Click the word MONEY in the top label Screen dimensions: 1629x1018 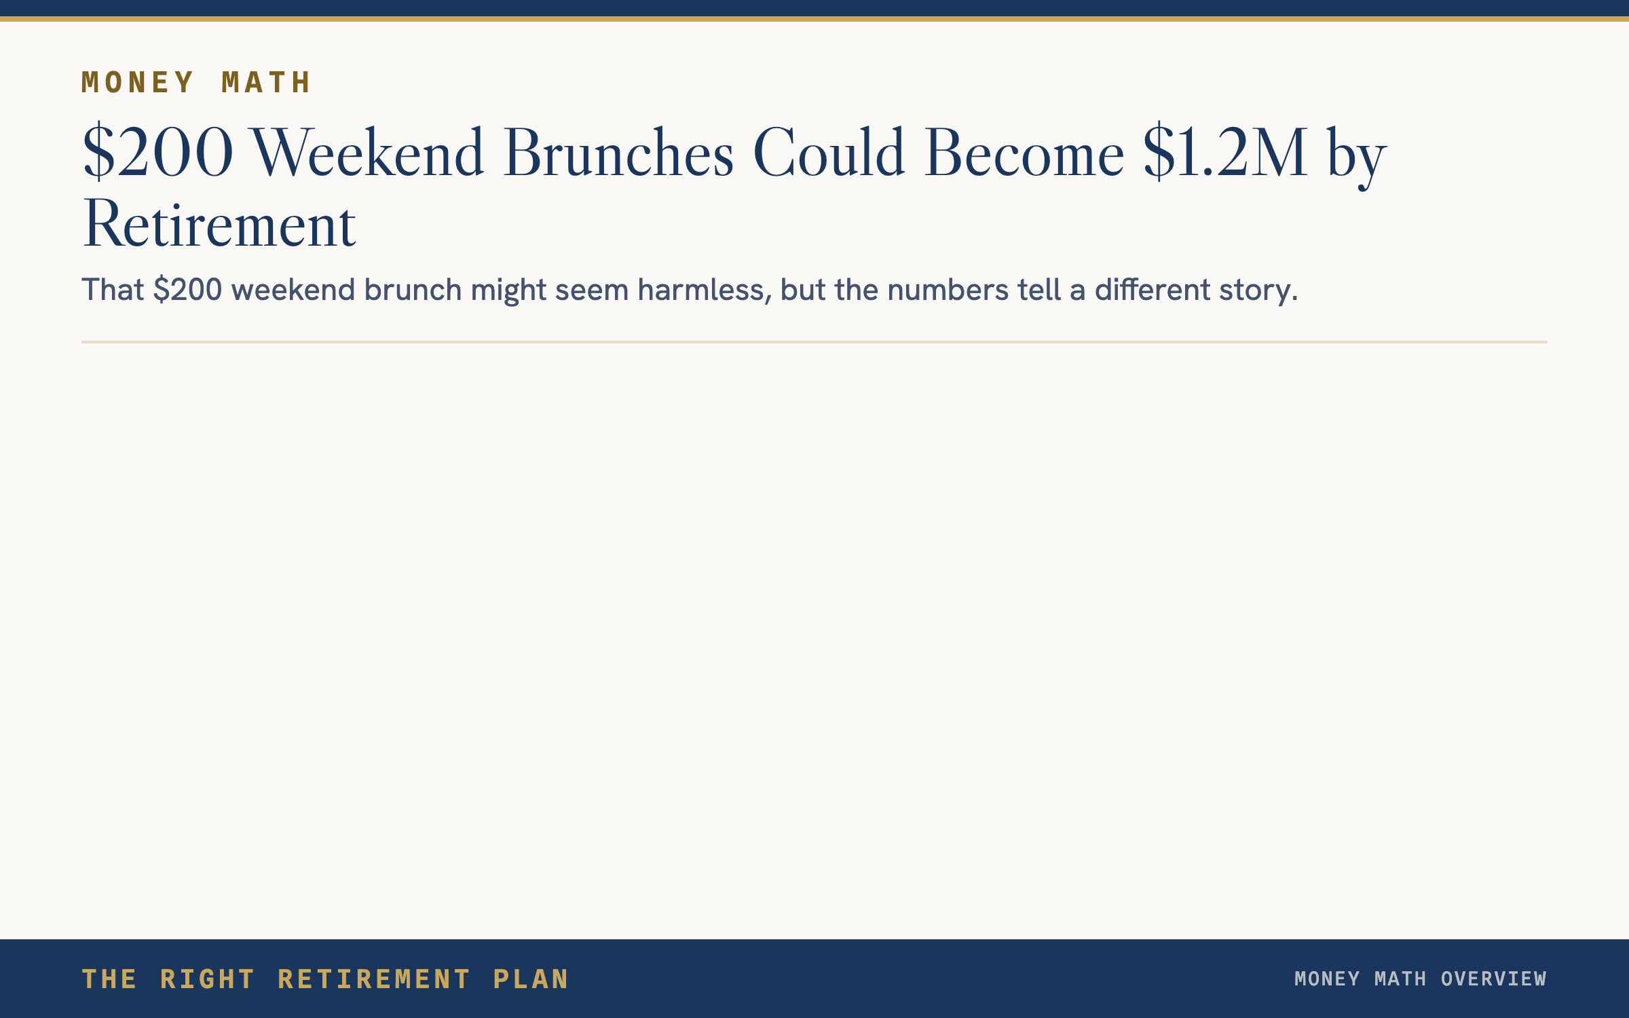point(138,83)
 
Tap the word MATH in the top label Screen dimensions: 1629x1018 point(266,83)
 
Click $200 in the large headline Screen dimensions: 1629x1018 point(158,151)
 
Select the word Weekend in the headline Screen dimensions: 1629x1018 point(369,151)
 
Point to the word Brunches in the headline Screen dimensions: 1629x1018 point(618,151)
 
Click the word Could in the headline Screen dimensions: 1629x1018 point(829,151)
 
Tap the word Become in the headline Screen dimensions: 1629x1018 point(1024,151)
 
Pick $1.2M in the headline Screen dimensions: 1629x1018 point(1225,151)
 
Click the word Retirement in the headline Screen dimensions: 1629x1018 point(219,224)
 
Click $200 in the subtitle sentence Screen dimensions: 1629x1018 point(188,290)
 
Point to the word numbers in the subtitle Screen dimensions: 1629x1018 point(948,290)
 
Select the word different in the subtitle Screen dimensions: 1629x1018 point(1153,290)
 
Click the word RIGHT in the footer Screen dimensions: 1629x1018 point(207,979)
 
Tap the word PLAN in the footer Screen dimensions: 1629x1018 point(531,979)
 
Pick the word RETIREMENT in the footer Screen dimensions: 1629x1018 point(374,979)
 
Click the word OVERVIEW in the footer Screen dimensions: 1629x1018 point(1493,979)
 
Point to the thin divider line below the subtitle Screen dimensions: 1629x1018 point(814,342)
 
